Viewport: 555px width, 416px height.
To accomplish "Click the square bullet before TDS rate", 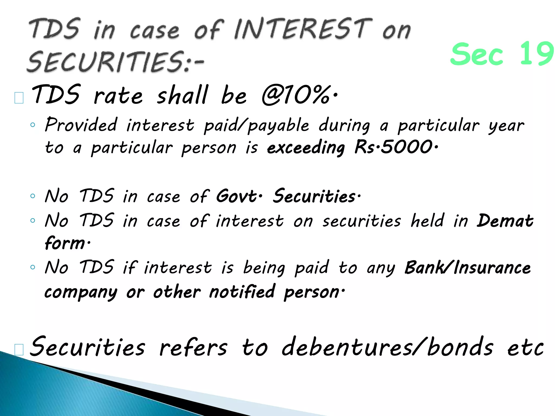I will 19,98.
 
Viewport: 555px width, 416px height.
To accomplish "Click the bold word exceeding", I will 306,148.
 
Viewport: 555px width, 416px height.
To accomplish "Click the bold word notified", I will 242,292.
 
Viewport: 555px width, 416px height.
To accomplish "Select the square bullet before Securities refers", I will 19,350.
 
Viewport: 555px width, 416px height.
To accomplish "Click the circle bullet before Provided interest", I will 33,125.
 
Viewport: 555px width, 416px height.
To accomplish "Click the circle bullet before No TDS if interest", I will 33,267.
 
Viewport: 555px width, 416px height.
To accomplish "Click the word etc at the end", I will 525,348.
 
